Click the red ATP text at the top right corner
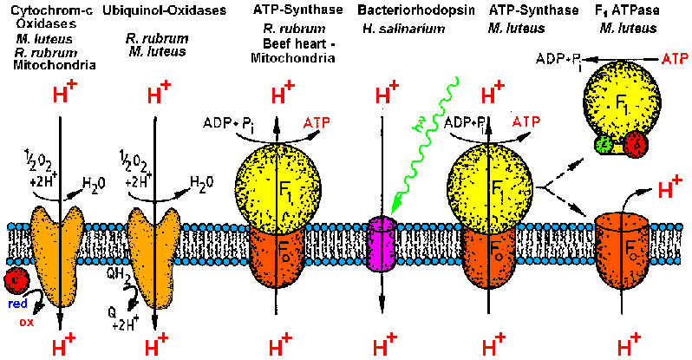[x=674, y=58]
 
